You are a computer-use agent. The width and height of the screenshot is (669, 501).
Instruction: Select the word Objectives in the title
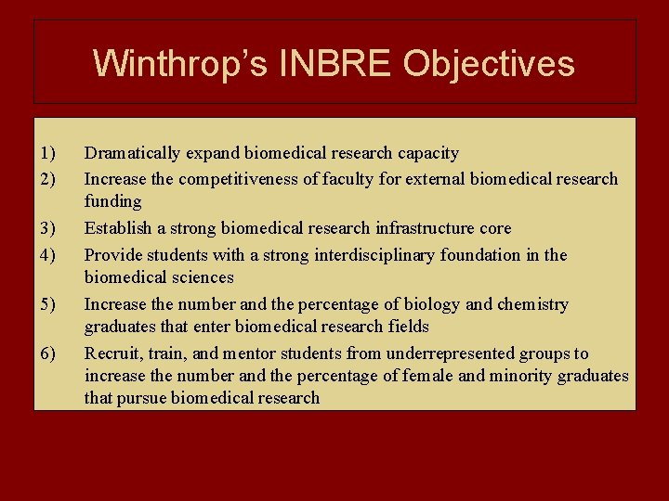(x=491, y=63)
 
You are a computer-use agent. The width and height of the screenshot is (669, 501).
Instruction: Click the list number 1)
(x=49, y=153)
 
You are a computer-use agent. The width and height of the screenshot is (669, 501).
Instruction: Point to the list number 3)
(x=49, y=228)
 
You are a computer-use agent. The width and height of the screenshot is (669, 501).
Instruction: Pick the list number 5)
(x=49, y=304)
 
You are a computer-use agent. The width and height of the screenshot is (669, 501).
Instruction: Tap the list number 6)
(x=49, y=353)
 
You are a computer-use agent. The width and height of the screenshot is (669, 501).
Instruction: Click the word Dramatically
(x=132, y=153)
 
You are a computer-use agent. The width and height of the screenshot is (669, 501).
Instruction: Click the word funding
(x=112, y=201)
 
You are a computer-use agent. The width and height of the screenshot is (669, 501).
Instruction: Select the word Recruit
(x=111, y=353)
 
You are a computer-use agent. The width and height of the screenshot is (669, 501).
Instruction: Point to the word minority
(x=530, y=376)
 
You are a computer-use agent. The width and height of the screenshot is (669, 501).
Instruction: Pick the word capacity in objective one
(x=428, y=153)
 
